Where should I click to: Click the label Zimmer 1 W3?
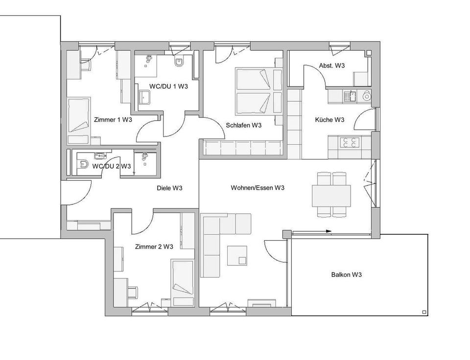pos(113,120)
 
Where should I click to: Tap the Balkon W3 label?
pos(347,274)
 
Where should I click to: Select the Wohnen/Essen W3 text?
pos(258,188)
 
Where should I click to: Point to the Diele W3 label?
pos(169,188)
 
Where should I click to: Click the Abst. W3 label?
pos(332,66)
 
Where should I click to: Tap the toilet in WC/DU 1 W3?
pos(179,62)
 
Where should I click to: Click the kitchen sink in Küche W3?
pos(350,96)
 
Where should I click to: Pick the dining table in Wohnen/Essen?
pos(331,196)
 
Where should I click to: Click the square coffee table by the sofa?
pos(237,255)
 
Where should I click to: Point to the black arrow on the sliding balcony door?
pos(329,231)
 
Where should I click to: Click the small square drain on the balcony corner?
pos(424,312)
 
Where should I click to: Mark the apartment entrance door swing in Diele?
pos(78,193)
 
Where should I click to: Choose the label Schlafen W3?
pos(244,125)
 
